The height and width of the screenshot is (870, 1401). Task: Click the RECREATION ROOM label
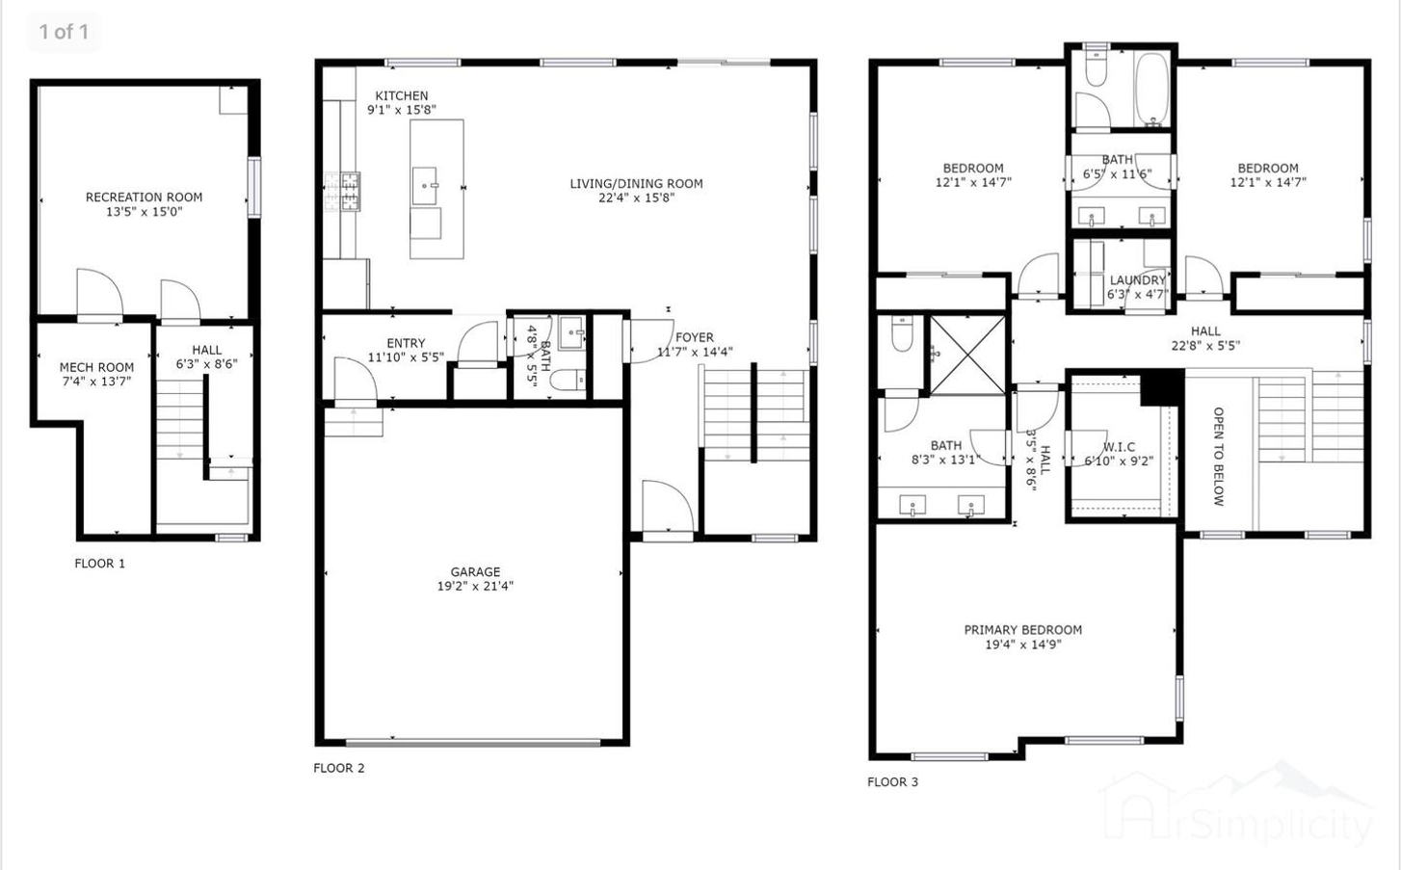tap(144, 197)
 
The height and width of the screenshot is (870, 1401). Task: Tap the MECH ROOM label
tap(97, 367)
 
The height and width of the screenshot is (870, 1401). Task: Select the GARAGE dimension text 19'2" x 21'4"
tap(475, 586)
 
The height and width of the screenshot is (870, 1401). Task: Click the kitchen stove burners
tap(342, 192)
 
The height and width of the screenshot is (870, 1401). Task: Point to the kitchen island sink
tap(425, 186)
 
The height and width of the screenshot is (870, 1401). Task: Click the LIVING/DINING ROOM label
tap(636, 183)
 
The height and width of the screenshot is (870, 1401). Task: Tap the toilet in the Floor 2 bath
tap(569, 380)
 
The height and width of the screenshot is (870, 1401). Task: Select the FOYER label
tap(695, 337)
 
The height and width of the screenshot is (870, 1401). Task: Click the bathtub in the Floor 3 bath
tap(1151, 90)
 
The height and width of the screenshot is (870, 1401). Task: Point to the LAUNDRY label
tap(1138, 279)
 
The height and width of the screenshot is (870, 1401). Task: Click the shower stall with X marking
tap(967, 355)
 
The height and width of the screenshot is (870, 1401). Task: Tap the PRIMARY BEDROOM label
tap(1023, 630)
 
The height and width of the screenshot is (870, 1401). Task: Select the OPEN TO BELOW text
tap(1218, 456)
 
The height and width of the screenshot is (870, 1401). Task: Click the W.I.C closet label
tap(1119, 447)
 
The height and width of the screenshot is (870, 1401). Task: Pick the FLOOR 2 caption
tap(339, 768)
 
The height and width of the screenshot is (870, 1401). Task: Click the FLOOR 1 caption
tap(100, 564)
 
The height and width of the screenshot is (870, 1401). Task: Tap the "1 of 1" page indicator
tap(64, 31)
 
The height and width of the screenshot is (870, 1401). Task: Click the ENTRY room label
tap(406, 343)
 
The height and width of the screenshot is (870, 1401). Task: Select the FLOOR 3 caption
tap(892, 781)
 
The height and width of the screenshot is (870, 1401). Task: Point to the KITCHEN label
tap(402, 95)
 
